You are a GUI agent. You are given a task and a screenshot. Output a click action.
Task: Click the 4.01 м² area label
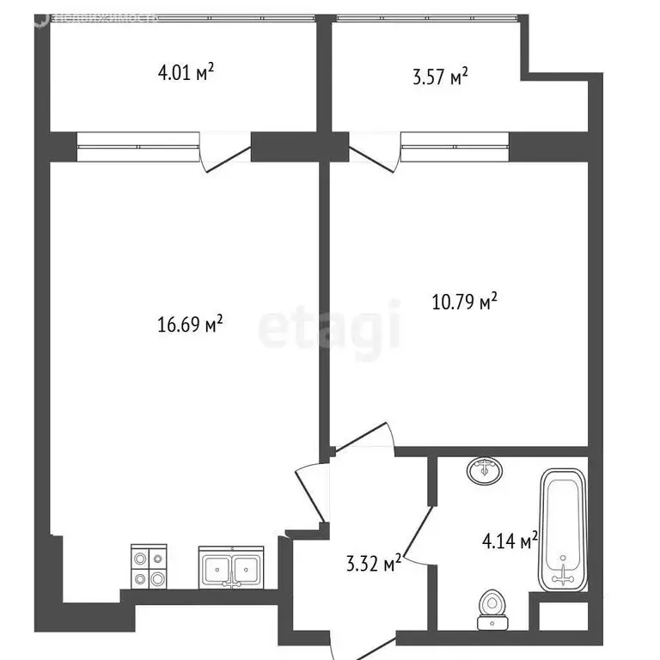(186, 73)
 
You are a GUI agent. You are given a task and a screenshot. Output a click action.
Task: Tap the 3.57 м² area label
(440, 77)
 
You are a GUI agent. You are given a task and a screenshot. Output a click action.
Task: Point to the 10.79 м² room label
(464, 302)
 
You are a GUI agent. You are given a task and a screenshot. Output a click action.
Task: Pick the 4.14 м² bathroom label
(510, 541)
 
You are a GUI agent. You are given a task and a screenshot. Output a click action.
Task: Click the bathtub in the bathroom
(564, 529)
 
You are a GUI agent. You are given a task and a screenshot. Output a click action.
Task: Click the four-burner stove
(148, 567)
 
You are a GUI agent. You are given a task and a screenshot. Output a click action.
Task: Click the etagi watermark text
(330, 325)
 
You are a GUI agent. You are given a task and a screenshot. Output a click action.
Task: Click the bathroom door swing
(420, 532)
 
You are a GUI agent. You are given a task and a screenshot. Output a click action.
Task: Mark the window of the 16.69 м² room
(137, 147)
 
